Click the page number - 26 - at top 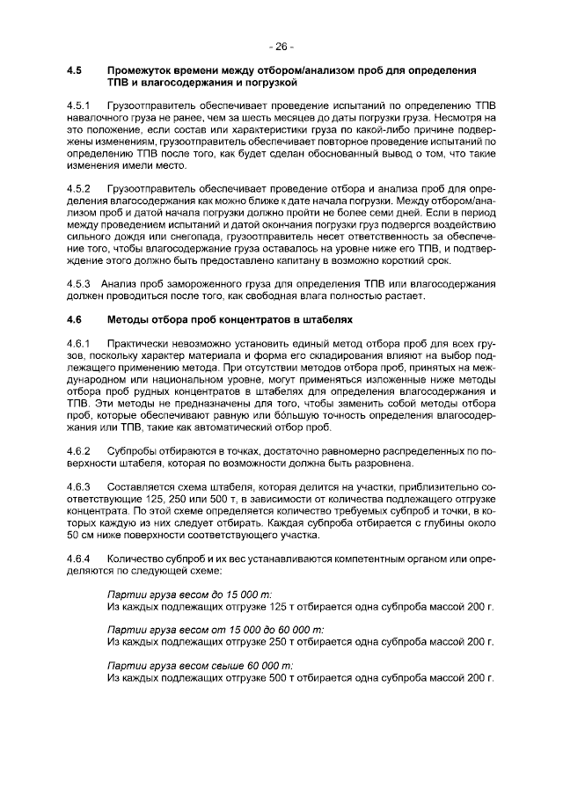coord(281,46)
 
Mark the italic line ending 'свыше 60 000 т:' coord(200,666)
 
